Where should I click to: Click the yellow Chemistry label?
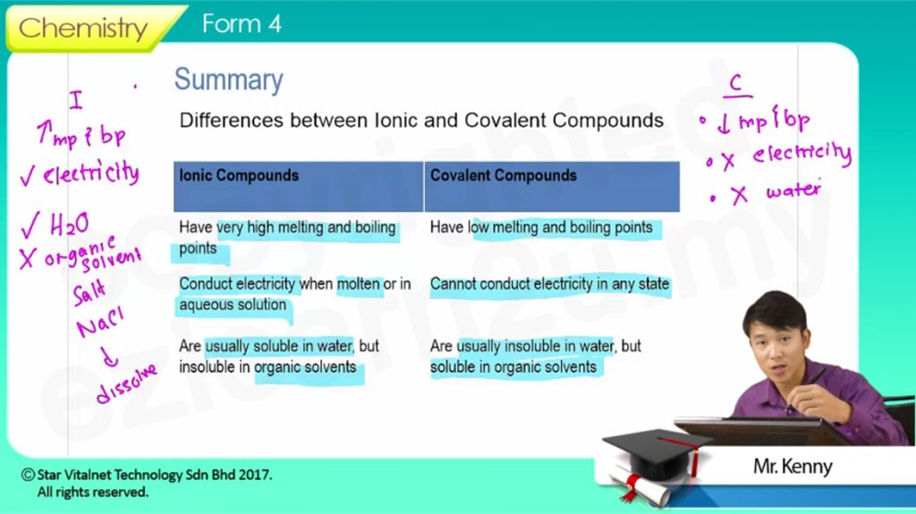point(83,28)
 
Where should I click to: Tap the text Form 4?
point(242,24)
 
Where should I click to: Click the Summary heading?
point(228,80)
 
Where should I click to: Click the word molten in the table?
point(359,284)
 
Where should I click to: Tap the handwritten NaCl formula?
point(100,323)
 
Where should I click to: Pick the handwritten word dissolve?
point(127,383)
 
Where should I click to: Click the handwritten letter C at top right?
point(736,82)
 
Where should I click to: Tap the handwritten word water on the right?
point(794,190)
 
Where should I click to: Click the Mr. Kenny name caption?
point(793,466)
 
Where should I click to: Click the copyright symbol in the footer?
point(28,475)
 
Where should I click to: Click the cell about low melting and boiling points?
point(541,227)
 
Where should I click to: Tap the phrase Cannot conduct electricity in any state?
point(550,284)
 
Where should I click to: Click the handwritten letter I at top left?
point(76,100)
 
